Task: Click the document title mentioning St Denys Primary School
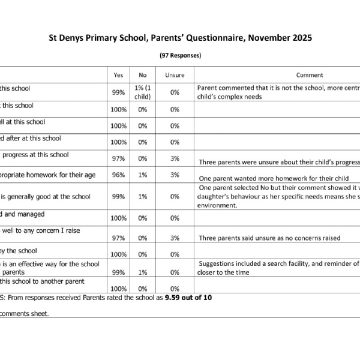[180, 38]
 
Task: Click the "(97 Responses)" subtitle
[180, 55]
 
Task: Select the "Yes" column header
[118, 75]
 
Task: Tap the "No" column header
[143, 75]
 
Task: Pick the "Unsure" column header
[175, 75]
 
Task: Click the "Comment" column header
[309, 75]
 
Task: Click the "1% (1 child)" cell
[143, 92]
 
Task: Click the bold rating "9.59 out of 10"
[188, 297]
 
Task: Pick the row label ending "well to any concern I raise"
[41, 230]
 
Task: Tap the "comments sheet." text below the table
[25, 313]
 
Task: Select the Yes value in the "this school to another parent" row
[118, 289]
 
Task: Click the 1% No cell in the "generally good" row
[143, 196]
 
